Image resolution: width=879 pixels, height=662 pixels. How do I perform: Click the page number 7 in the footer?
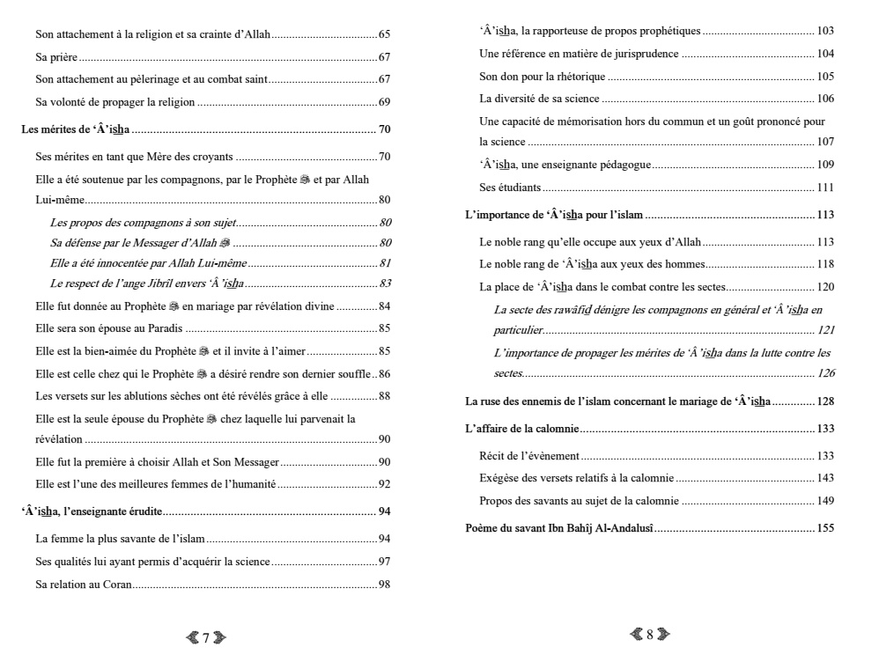point(205,638)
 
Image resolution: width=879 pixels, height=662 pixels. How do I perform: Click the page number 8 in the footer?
point(650,634)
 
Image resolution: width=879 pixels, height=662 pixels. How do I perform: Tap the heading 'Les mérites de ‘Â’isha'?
point(76,129)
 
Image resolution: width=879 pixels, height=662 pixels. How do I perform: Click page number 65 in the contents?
point(384,34)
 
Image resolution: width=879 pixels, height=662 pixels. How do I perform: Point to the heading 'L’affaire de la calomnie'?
point(522,429)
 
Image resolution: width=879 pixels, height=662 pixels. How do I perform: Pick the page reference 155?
point(824,528)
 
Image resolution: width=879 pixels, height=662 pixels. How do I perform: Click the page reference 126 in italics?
point(824,373)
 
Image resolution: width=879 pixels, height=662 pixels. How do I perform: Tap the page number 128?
point(824,401)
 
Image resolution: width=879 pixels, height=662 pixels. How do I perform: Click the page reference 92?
point(384,483)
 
